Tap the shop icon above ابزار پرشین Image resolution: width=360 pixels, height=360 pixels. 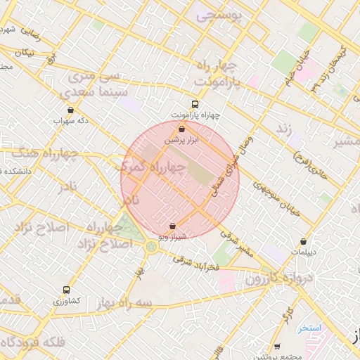[182, 129]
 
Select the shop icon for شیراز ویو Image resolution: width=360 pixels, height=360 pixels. [173, 226]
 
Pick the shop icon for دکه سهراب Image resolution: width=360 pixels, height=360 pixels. [70, 110]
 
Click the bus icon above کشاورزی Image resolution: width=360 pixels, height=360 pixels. [67, 290]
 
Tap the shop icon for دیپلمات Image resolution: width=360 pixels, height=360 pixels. [303, 241]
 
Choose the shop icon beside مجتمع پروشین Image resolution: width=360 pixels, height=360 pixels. [277, 346]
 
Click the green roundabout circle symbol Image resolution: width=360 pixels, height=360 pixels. [151, 246]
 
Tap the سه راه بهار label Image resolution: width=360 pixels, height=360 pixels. [106, 303]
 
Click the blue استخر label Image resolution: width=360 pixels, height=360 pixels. [309, 328]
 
